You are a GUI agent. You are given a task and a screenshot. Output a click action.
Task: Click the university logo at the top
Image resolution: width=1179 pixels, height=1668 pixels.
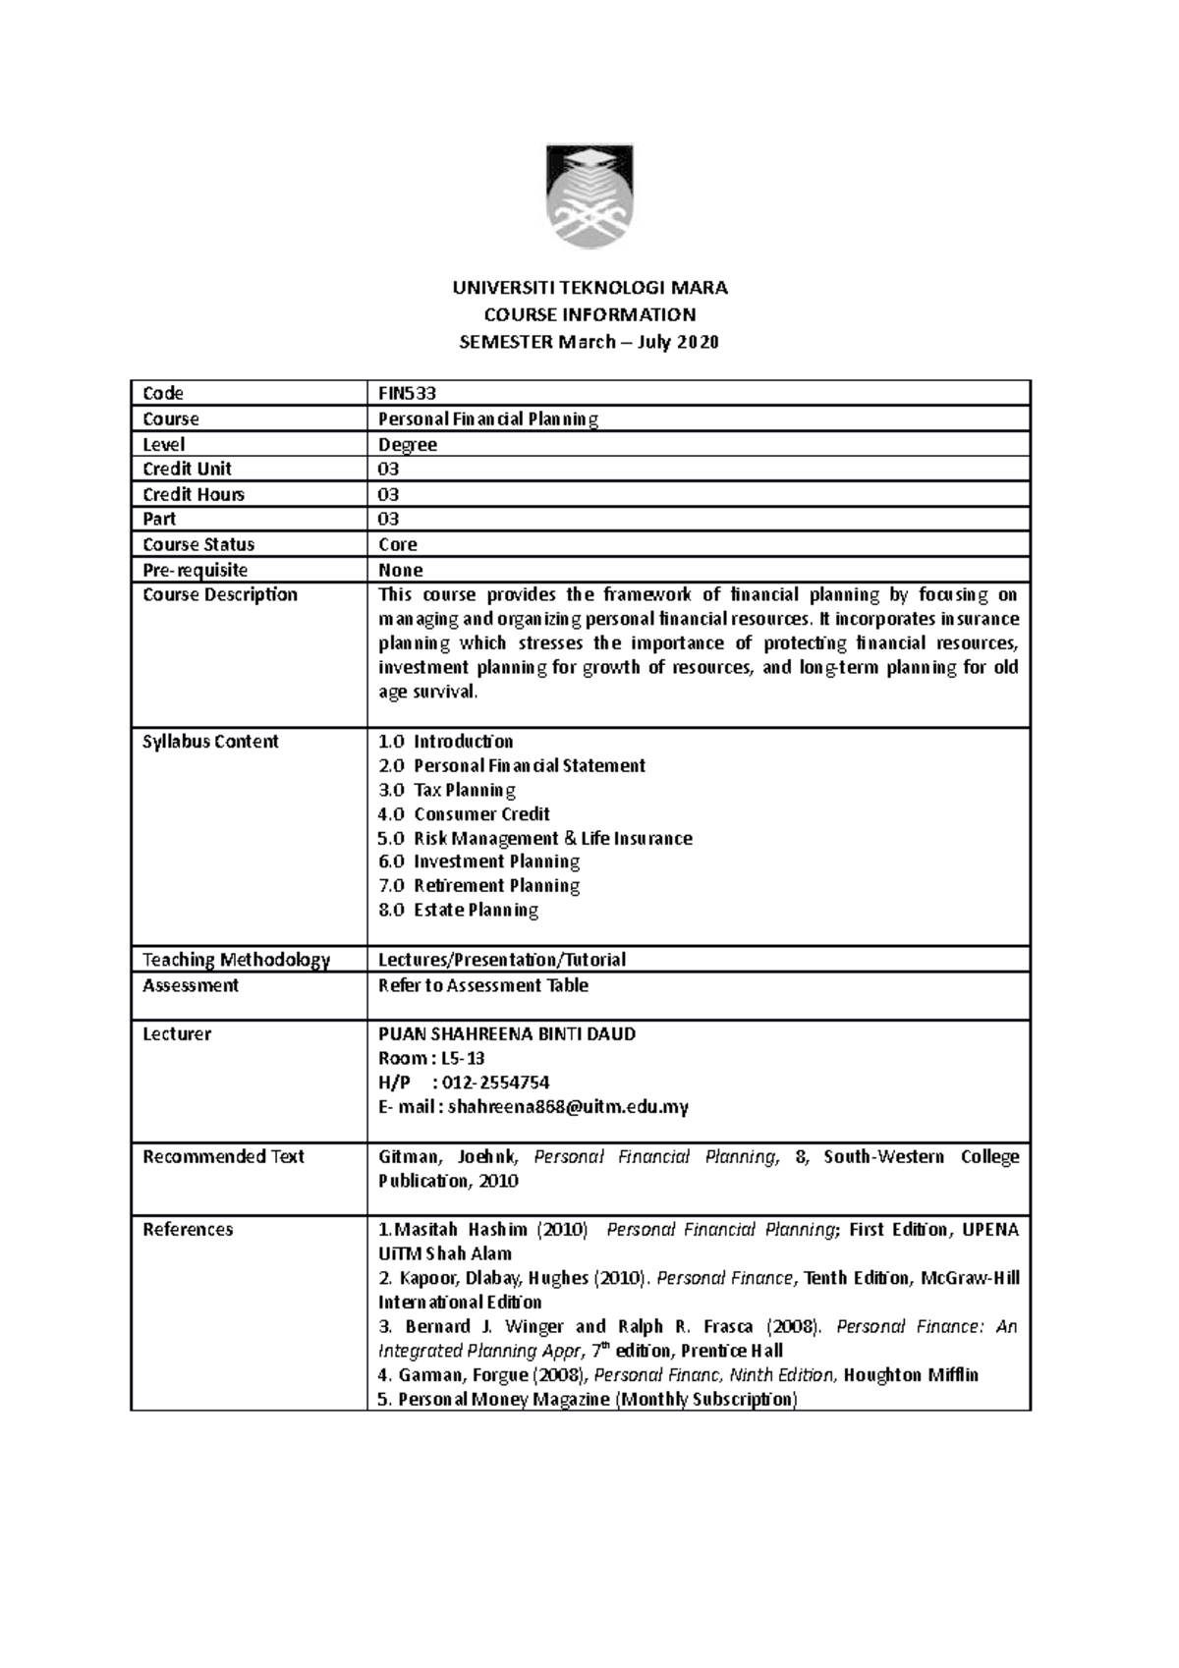tap(589, 197)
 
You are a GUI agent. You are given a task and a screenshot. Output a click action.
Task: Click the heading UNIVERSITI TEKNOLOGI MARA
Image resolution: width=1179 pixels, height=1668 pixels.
tap(589, 288)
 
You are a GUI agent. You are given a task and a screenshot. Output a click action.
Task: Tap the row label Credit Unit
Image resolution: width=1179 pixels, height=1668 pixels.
tap(187, 470)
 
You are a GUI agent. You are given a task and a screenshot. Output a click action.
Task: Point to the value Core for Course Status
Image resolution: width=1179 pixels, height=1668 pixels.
tap(398, 545)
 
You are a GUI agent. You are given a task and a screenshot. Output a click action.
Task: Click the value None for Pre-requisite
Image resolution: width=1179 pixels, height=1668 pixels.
tap(401, 571)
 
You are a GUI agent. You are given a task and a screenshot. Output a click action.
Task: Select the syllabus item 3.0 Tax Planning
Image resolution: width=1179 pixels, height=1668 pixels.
tap(447, 790)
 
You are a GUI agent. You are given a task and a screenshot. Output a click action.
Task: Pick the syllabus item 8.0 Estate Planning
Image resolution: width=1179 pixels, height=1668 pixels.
tap(458, 911)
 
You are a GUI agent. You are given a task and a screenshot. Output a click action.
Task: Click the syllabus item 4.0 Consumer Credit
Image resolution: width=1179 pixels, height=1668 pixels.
tap(464, 814)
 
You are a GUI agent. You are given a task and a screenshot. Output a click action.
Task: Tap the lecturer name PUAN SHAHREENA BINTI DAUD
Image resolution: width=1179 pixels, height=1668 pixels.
tap(507, 1034)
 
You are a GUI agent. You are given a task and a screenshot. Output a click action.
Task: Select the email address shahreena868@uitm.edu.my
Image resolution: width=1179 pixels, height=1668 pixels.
tap(568, 1107)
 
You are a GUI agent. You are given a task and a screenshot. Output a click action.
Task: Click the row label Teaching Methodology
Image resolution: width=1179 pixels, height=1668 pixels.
tap(236, 960)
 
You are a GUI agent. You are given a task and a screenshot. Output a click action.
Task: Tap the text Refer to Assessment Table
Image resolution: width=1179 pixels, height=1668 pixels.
tap(483, 985)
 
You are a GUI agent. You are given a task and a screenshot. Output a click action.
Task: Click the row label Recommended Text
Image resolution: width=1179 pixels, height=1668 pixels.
tap(223, 1157)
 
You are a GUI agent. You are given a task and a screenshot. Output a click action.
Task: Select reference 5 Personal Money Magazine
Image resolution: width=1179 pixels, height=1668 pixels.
tap(588, 1400)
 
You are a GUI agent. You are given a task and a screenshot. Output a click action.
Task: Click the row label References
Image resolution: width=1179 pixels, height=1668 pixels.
tap(188, 1230)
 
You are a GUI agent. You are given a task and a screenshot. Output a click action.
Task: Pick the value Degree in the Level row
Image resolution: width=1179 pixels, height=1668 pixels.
tap(408, 445)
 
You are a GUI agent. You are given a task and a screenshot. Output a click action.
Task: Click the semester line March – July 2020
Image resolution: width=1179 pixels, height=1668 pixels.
tap(589, 343)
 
